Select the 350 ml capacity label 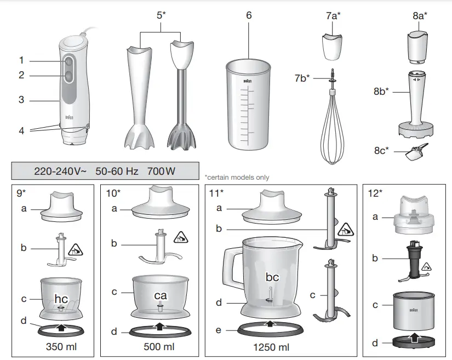[x=61, y=347]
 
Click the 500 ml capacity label [x=159, y=347]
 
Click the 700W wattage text [x=161, y=171]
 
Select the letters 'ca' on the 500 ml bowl [x=160, y=295]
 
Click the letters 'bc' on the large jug [x=272, y=277]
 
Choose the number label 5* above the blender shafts [x=161, y=15]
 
